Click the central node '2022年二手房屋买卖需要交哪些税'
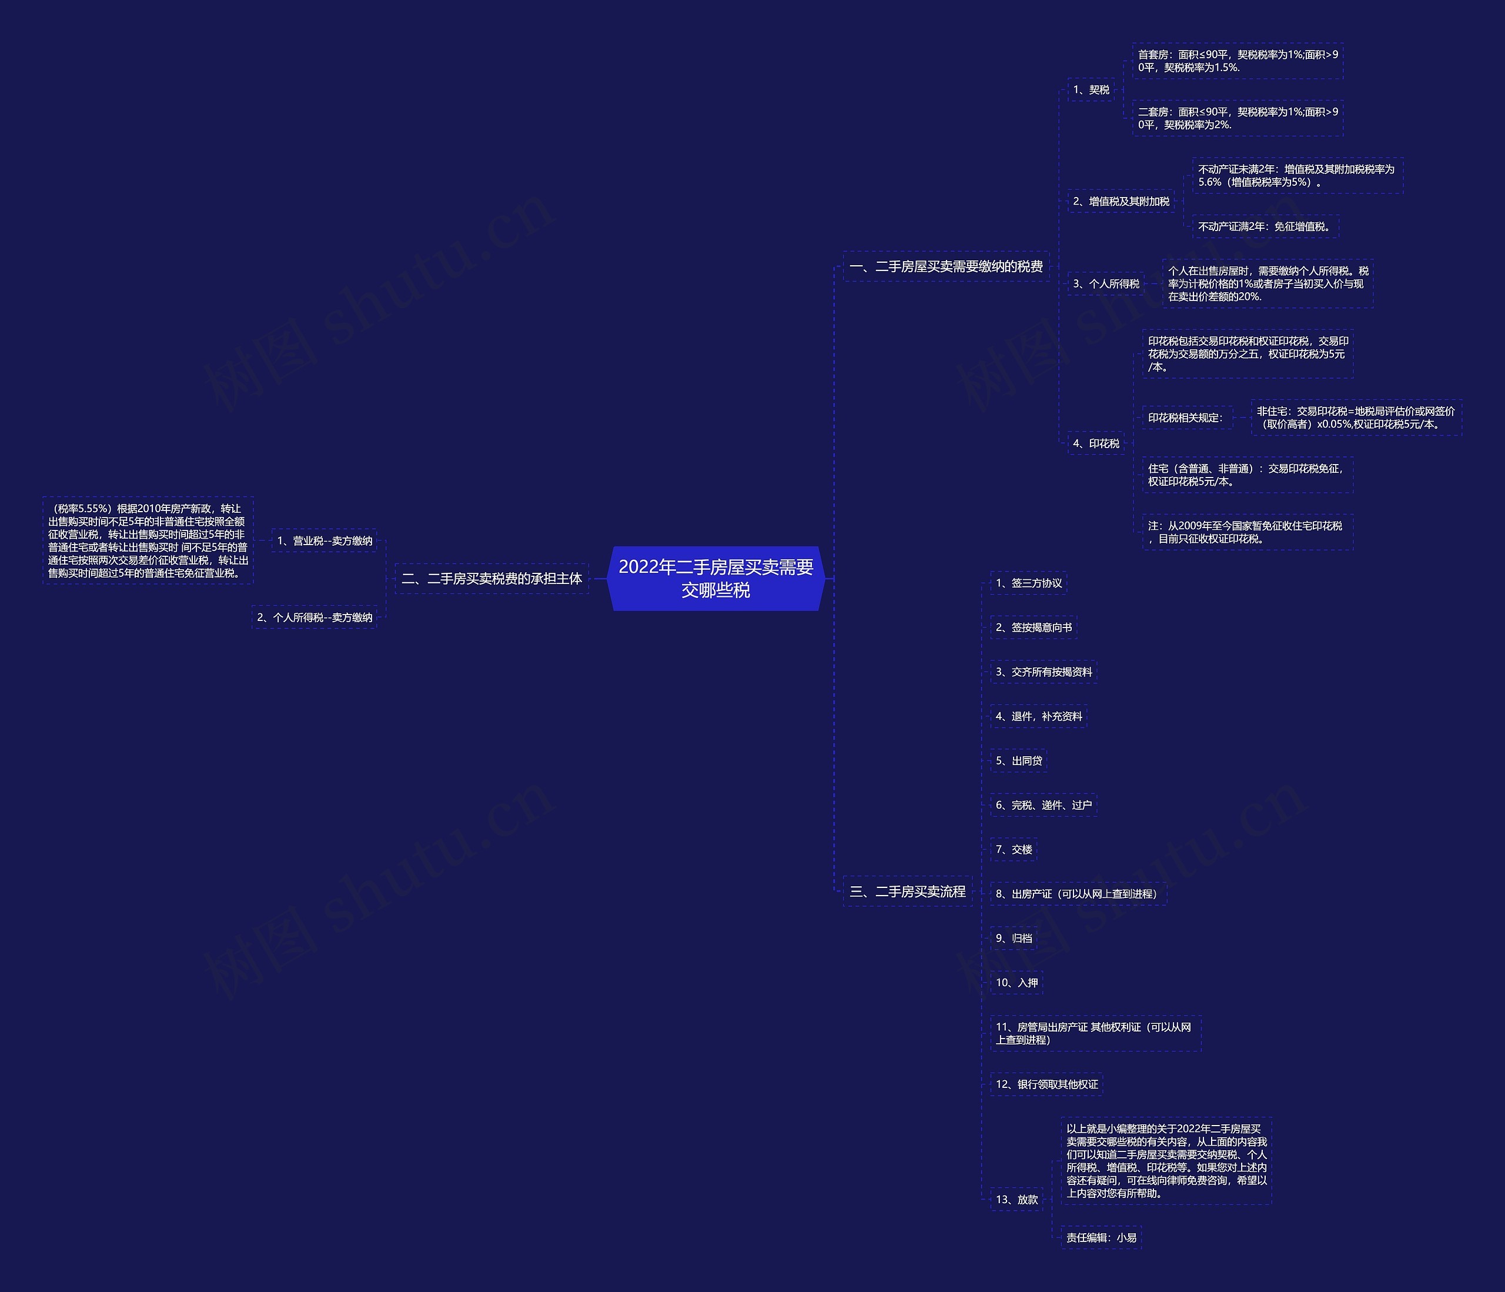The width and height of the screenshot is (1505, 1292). tap(715, 579)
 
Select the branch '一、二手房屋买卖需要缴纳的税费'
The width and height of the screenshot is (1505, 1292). tap(946, 266)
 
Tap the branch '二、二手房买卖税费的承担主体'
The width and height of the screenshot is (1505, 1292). tap(491, 579)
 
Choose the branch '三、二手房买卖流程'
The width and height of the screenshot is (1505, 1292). tap(907, 892)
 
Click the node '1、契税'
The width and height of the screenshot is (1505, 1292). tap(1091, 89)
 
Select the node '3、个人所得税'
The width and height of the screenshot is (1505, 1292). tap(1105, 283)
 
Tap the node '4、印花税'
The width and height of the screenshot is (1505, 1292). tap(1096, 443)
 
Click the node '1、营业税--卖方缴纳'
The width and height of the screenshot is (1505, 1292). tap(325, 540)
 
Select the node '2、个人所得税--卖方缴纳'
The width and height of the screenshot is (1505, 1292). tap(315, 617)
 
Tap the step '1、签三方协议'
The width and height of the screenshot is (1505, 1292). tap(1028, 583)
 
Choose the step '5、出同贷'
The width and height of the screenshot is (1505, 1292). tap(1018, 761)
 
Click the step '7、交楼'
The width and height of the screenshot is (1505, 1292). tap(1014, 849)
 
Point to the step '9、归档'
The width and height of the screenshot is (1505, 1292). tap(1014, 938)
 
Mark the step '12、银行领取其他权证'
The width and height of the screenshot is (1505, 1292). tap(1046, 1084)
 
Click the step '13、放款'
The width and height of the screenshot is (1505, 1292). tap(1016, 1200)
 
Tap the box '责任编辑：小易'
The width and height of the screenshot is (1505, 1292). tap(1101, 1237)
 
